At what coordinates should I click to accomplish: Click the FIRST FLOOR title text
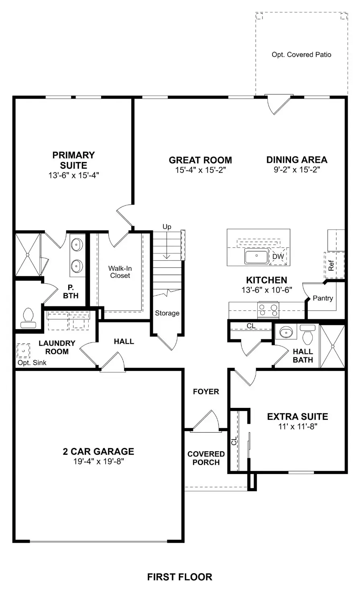pos(179,577)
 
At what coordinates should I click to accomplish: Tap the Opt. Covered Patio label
pos(301,55)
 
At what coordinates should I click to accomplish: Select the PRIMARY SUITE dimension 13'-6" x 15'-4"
pos(73,175)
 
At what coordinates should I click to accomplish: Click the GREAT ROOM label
pos(200,160)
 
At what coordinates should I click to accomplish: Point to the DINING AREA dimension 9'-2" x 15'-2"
pos(297,170)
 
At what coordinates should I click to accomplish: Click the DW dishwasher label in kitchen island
pos(278,257)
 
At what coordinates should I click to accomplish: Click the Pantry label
pos(323,298)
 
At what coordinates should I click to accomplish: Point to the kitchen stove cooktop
pos(268,310)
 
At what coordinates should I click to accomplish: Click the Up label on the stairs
pos(167,227)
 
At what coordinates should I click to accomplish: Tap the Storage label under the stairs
pos(167,313)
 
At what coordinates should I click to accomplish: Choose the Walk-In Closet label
pos(120,272)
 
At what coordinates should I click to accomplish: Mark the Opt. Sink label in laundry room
pos(32,363)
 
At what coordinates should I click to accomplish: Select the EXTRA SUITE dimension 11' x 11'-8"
pos(297,427)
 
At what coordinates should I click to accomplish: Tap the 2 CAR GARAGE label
pos(98,452)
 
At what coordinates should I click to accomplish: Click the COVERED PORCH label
pos(206,458)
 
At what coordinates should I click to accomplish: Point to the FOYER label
pos(206,391)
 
